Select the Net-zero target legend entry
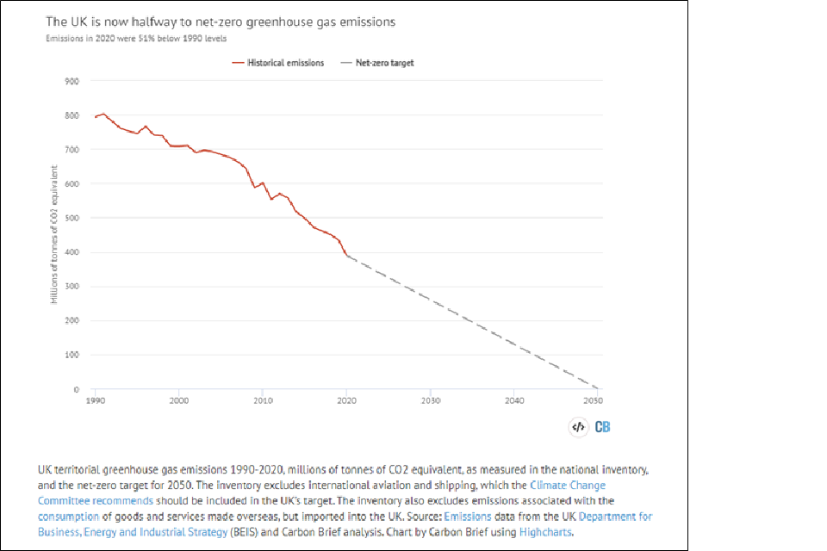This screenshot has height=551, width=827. (379, 63)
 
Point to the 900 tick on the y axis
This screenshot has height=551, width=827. (72, 81)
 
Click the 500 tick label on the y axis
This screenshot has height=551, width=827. (72, 218)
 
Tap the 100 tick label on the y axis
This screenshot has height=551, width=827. (72, 355)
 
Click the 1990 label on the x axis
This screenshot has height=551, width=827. (96, 400)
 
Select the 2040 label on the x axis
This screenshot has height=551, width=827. (513, 400)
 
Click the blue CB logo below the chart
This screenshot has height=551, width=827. (603, 427)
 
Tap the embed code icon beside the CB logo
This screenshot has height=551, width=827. (579, 427)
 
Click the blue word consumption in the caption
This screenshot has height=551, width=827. (75, 517)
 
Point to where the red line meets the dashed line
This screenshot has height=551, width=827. (346, 255)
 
